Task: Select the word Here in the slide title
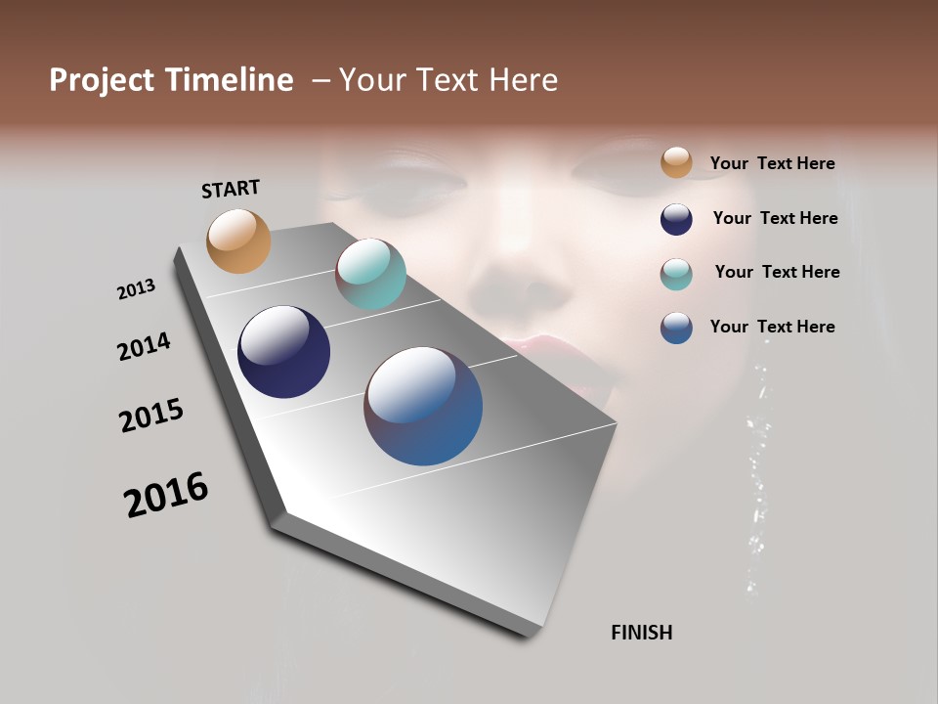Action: (x=523, y=80)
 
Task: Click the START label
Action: (x=231, y=189)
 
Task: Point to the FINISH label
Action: (x=641, y=633)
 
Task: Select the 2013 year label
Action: (x=136, y=289)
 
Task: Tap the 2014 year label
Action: (x=144, y=346)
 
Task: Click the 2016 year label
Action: (x=166, y=495)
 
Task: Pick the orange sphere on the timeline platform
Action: (x=238, y=241)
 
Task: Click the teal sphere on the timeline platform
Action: (x=370, y=274)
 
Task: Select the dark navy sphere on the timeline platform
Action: (x=283, y=352)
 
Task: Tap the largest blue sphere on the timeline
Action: (x=423, y=406)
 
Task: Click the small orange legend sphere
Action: (x=676, y=163)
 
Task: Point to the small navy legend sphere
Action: (x=676, y=219)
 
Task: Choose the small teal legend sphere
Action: (x=676, y=274)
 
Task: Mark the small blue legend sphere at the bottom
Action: (x=676, y=328)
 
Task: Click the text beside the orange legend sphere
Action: (x=772, y=163)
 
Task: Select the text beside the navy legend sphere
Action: (x=775, y=218)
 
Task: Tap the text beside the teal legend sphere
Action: (x=777, y=272)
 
